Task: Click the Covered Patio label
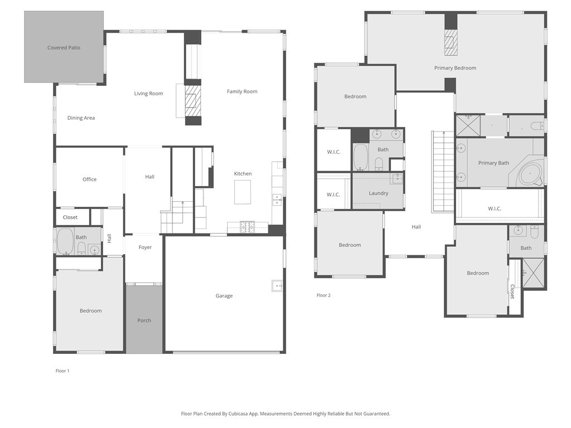[64, 48]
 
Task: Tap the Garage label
[224, 296]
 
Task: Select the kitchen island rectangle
[243, 193]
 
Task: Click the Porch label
[144, 320]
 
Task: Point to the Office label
[89, 179]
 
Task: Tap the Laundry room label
[379, 193]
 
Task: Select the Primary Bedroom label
[455, 68]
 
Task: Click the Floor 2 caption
[323, 295]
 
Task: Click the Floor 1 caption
[62, 371]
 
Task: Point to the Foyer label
[145, 247]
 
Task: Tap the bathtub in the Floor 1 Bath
[65, 241]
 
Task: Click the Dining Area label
[81, 118]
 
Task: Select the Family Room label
[242, 91]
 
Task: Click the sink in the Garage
[277, 286]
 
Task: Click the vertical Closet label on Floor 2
[512, 291]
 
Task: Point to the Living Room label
[148, 94]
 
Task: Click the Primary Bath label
[493, 163]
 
